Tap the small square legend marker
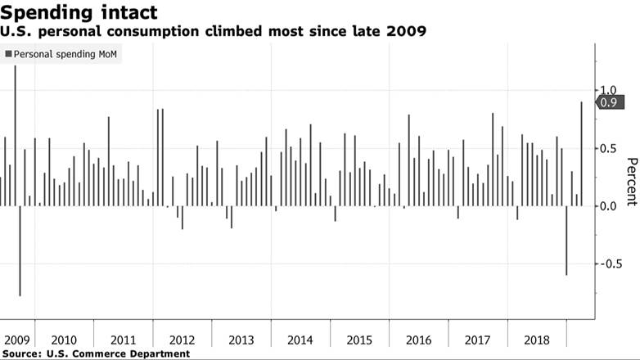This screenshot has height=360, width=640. tap(8, 54)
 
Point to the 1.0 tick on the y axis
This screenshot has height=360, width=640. tap(608, 90)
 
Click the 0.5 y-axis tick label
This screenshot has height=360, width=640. tap(608, 148)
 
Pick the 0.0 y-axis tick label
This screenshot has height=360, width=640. tap(608, 206)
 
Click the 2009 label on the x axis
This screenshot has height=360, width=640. tap(17, 340)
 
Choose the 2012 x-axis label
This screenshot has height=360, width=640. tap(181, 340)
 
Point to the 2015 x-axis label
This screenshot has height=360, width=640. tap(359, 340)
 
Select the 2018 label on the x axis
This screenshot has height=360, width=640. tap(537, 340)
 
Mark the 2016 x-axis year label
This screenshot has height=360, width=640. tap(418, 340)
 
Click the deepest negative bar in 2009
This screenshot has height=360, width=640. tap(20, 250)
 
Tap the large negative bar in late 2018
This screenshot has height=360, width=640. tap(566, 240)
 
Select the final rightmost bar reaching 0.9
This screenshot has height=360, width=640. tap(582, 154)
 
